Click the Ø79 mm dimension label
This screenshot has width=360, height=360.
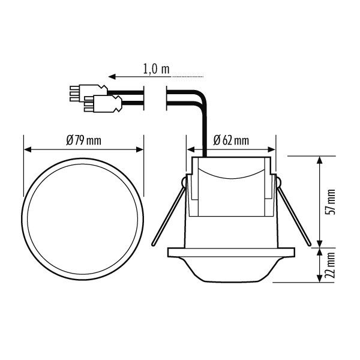click(x=83, y=140)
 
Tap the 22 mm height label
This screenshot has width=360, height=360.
click(x=332, y=265)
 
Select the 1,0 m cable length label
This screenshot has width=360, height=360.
click(x=157, y=70)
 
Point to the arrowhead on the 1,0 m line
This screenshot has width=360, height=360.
click(x=111, y=77)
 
